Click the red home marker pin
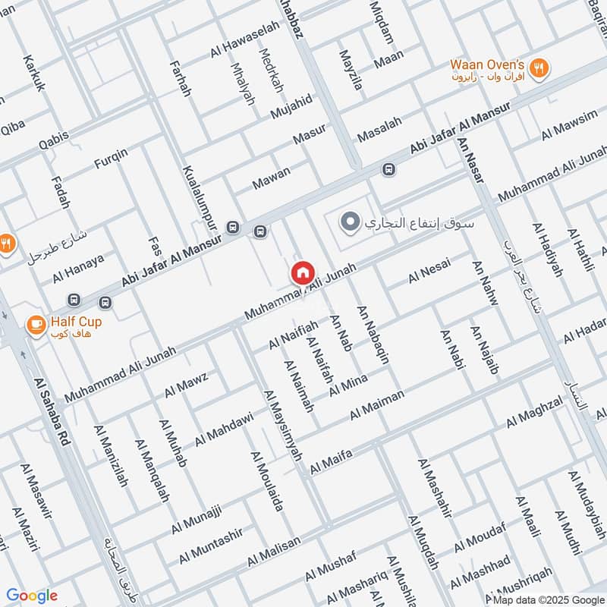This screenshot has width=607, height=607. pos(302,273)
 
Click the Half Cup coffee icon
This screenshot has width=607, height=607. pos(35,325)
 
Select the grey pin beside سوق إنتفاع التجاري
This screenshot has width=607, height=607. pos(350,223)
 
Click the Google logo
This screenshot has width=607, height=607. pos(32,596)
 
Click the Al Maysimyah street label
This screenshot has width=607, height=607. pos(282,425)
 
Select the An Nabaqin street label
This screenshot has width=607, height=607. pos(373,334)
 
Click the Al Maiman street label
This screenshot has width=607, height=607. pos(377,405)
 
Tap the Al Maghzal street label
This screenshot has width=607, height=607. pos(535,410)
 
